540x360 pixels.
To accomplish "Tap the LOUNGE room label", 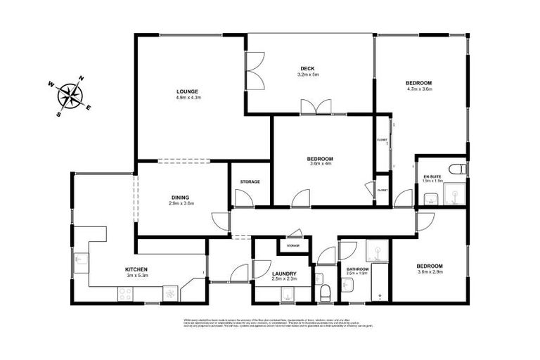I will click(187, 91).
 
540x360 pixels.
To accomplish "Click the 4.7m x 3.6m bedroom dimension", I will click(419, 89).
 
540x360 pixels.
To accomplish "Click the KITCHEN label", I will click(136, 269).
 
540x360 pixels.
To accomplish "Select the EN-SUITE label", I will click(432, 175).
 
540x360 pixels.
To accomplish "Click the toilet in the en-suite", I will click(458, 170).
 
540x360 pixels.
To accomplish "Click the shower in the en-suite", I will click(455, 193).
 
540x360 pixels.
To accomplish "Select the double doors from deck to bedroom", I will click(316, 107).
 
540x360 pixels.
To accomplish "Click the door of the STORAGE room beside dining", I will click(245, 199).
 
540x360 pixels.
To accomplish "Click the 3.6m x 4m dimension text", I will click(320, 165).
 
